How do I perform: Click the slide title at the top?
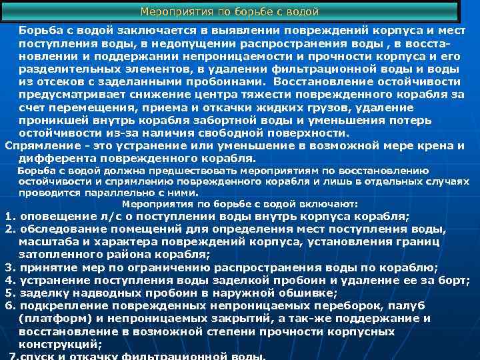coord(230,12)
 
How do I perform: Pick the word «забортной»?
coord(232,120)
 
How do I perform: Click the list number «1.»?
coord(10,216)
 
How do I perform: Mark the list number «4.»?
coord(10,280)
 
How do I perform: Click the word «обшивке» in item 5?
coord(306,293)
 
